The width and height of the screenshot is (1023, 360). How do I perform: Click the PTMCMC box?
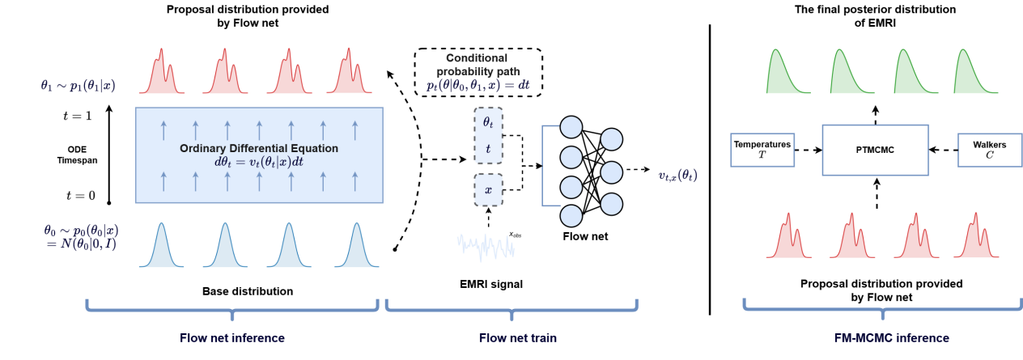tap(875, 150)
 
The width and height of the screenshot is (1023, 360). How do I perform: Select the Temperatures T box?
tap(762, 150)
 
